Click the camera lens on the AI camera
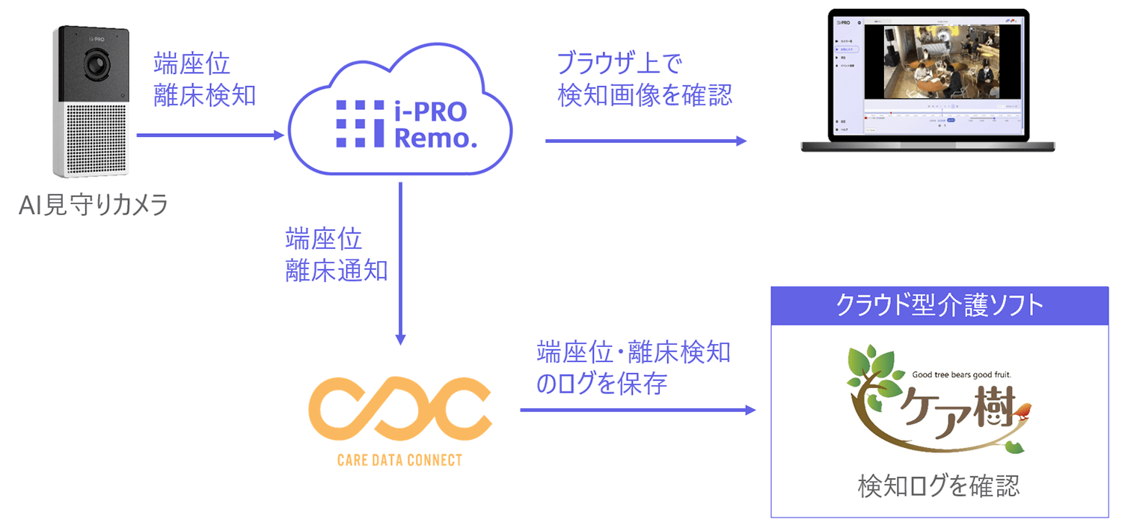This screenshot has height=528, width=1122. [x=96, y=65]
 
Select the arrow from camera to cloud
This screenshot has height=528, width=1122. [x=209, y=136]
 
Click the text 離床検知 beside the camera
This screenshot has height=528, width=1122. [x=204, y=95]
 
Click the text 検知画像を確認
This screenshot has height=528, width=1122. [x=644, y=95]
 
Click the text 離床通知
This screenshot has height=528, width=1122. [x=336, y=270]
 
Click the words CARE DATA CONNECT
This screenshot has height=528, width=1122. [x=400, y=460]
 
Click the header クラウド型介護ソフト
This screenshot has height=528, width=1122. [x=939, y=306]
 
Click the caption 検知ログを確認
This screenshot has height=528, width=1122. [x=939, y=487]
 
